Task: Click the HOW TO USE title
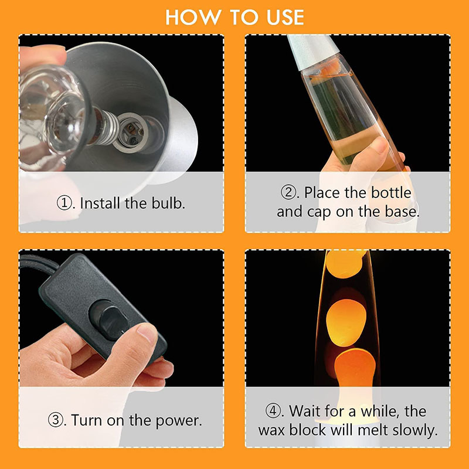235,17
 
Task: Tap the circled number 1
64,203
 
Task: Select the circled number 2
288,192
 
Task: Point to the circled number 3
56,420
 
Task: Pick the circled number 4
273,411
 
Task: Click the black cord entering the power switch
38,262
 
